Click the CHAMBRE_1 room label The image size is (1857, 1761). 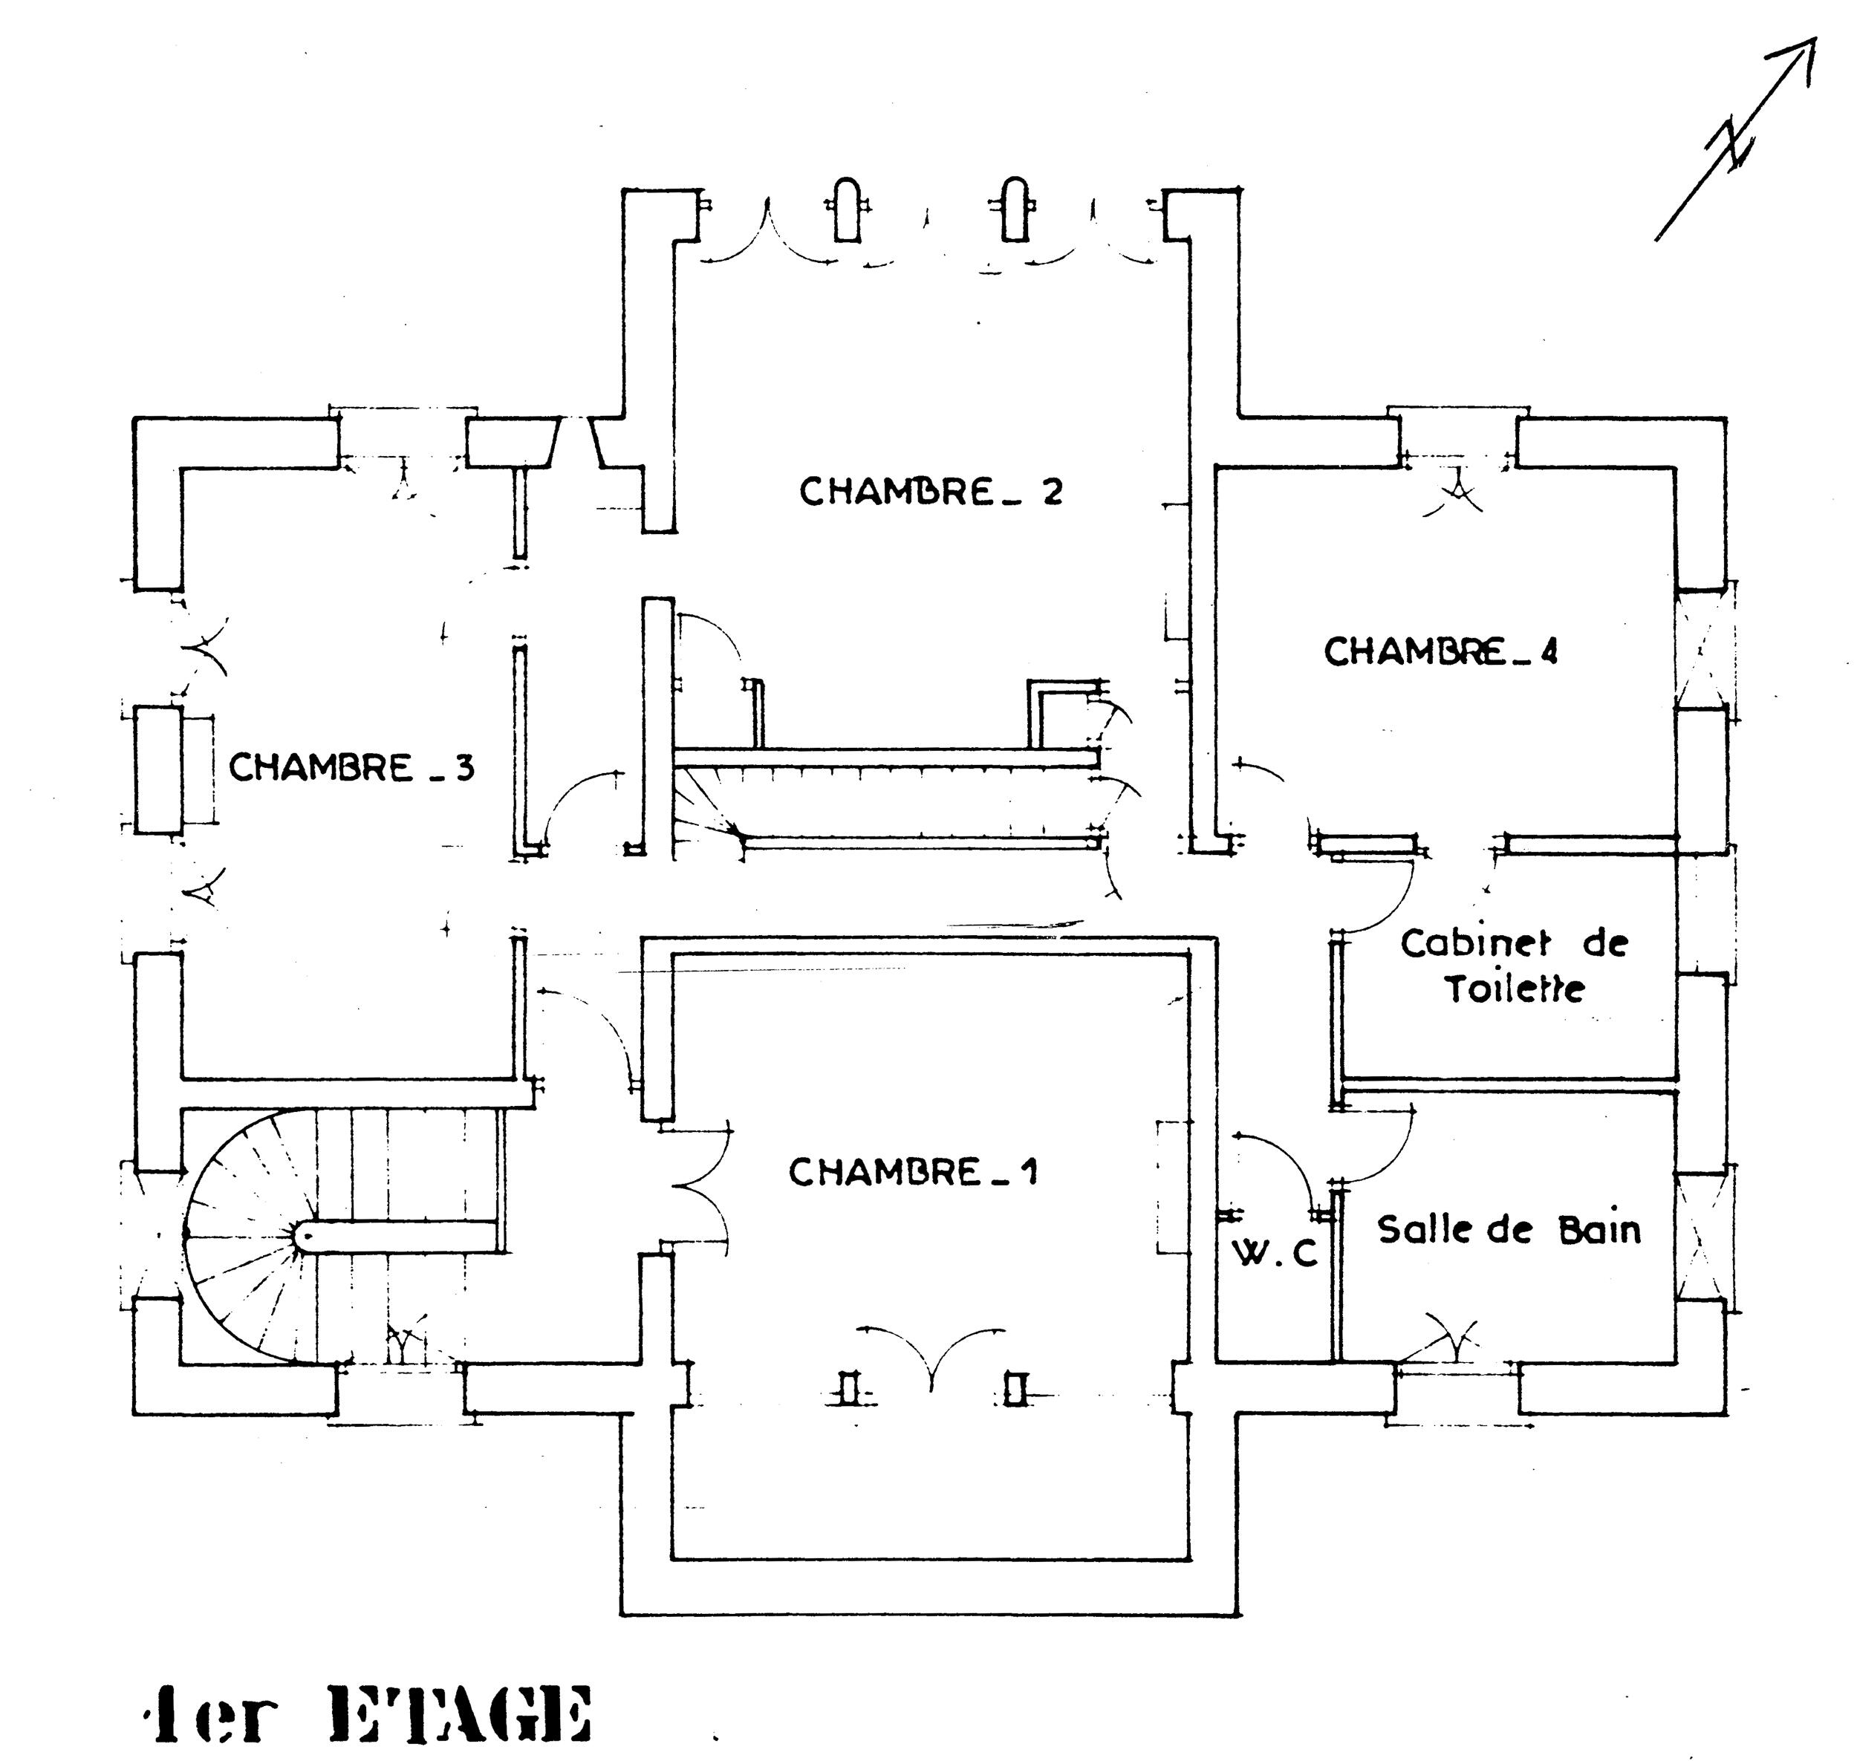click(x=913, y=1173)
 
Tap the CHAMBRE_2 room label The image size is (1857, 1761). click(x=931, y=492)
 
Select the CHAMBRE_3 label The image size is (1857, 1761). click(x=352, y=768)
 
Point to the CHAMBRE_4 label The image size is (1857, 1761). click(x=1441, y=651)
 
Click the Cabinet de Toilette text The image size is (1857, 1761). click(x=1513, y=965)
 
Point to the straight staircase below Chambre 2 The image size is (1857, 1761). click(x=887, y=798)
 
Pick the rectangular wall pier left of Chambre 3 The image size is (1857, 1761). click(x=157, y=769)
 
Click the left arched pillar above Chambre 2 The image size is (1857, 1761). click(x=846, y=209)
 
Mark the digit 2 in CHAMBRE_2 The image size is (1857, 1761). click(x=1053, y=492)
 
